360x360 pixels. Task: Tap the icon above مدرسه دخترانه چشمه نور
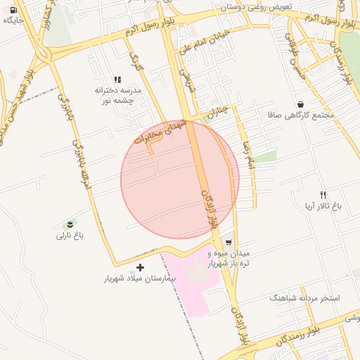pos(117,80)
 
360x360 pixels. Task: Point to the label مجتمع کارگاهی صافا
pos(301,114)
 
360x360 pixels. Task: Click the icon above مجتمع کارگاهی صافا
pos(301,103)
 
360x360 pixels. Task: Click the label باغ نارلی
pos(70,236)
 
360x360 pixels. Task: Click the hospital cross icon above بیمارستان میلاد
pos(140,267)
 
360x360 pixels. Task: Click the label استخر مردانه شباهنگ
pos(304,298)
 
